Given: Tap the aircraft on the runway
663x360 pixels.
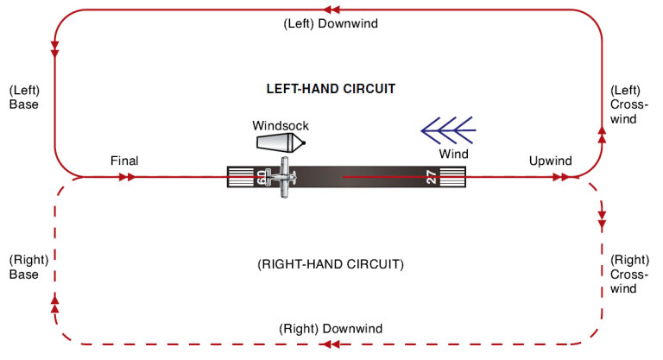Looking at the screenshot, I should click(x=281, y=178).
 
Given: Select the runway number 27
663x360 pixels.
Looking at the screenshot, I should click(x=433, y=178).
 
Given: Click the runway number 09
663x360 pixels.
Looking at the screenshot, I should click(x=262, y=178).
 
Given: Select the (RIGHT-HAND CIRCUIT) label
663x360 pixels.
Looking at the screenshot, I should click(x=331, y=263).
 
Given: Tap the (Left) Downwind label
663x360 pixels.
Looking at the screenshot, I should click(x=331, y=23).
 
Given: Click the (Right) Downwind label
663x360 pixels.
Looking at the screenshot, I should click(x=331, y=329).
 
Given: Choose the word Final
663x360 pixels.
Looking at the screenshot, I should click(x=124, y=161).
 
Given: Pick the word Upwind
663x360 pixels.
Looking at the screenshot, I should click(x=550, y=161).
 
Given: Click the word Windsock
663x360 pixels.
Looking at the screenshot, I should click(x=280, y=124).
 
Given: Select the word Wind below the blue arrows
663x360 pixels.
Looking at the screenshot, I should click(x=453, y=155).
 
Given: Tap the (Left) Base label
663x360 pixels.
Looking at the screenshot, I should click(x=24, y=97).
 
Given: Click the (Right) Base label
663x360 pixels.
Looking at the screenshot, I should click(x=24, y=267).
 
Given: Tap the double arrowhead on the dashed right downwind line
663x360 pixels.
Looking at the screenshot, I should click(x=330, y=344).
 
